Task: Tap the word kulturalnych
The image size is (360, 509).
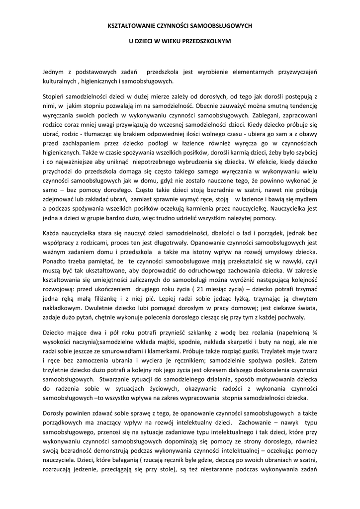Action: [58, 81]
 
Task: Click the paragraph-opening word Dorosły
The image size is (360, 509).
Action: [54, 412]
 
